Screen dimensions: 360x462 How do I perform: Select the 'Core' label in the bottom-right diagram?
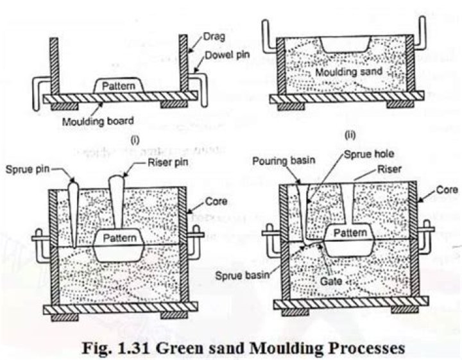(447, 190)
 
